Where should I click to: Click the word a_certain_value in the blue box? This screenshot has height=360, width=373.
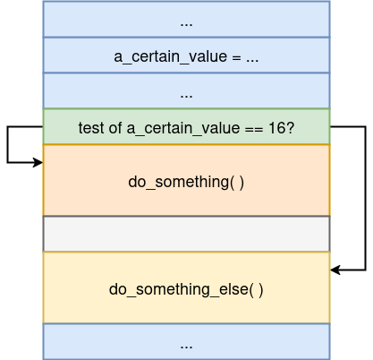(x=170, y=56)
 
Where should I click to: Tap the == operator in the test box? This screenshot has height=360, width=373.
(x=254, y=129)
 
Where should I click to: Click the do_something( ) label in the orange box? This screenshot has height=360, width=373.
(x=186, y=182)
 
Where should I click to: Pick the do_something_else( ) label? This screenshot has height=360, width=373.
(x=186, y=289)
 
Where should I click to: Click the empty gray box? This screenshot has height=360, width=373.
(x=186, y=234)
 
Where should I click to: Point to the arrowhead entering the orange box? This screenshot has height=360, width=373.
(x=38, y=162)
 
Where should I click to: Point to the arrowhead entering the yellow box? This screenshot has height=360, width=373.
(x=335, y=270)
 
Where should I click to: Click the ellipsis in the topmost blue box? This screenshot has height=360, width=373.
(x=186, y=25)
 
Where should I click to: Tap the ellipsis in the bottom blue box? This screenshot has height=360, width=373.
(x=186, y=347)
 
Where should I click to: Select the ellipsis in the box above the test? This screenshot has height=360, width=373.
(x=186, y=97)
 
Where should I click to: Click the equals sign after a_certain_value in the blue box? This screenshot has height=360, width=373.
(x=236, y=57)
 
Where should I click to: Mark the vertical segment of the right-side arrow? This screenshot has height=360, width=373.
(x=366, y=198)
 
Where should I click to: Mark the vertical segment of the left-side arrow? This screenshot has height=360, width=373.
(x=7, y=144)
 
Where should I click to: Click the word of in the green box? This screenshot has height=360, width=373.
(x=115, y=128)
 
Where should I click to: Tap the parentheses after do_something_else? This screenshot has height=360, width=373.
(x=257, y=289)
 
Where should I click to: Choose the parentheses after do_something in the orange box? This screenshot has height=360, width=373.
(x=237, y=182)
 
